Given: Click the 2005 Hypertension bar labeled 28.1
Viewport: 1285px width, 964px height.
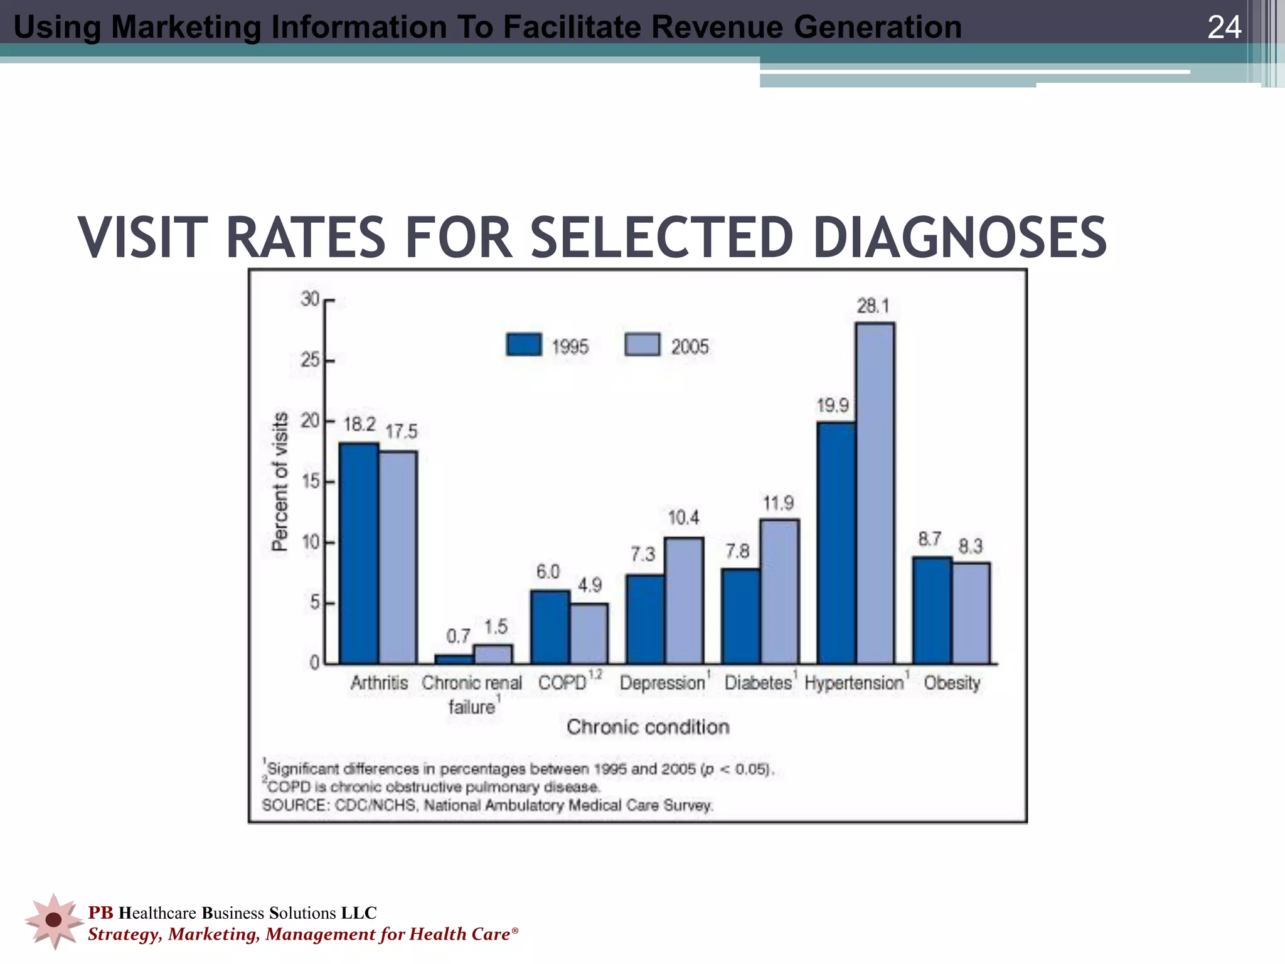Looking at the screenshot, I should (x=875, y=493).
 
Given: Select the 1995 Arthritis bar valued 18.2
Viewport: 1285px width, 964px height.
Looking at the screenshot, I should (x=359, y=552).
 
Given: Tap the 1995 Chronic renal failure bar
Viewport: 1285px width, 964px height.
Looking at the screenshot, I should (x=454, y=659).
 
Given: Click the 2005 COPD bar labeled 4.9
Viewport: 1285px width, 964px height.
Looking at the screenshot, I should (x=589, y=633).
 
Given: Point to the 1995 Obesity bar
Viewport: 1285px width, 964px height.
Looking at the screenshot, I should (x=932, y=609).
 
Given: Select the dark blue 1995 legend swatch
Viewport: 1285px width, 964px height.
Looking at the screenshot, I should (x=523, y=345).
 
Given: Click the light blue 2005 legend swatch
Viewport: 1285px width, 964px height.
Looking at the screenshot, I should (x=642, y=345).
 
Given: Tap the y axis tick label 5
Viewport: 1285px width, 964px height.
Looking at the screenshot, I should (x=314, y=603).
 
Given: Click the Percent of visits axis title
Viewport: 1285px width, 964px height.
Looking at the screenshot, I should (x=280, y=481).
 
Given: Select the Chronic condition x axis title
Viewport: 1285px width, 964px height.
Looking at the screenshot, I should (x=648, y=727).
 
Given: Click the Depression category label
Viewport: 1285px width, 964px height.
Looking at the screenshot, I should (x=663, y=683).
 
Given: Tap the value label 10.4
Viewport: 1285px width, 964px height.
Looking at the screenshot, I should (x=683, y=518).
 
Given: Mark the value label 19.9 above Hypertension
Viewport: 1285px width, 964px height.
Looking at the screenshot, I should (x=833, y=405).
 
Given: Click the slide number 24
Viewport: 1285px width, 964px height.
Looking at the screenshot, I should (x=1224, y=27).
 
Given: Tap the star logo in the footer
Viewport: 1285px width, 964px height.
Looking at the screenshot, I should (x=54, y=920).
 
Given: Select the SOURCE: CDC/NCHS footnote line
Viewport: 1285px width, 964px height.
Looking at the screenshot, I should (x=488, y=805).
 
